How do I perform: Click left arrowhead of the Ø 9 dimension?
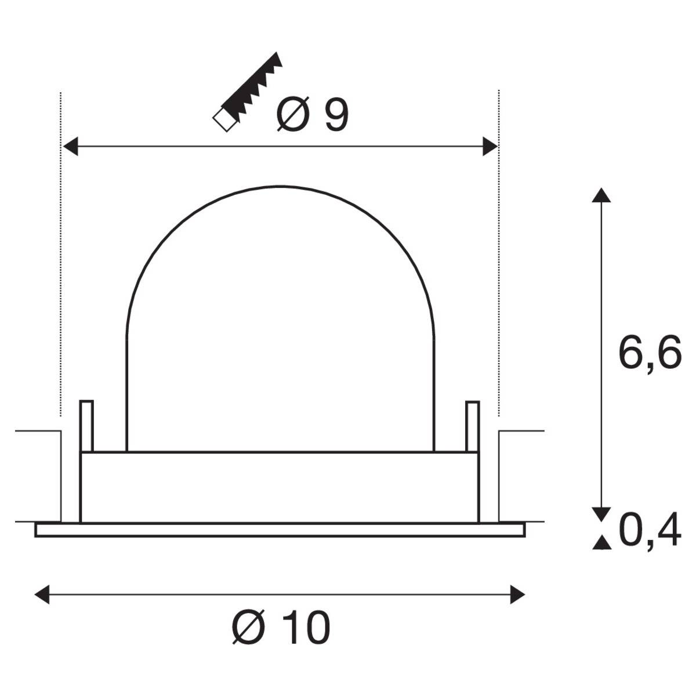coord(70,147)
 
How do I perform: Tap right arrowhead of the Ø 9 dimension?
coord(490,147)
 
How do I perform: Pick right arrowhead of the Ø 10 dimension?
coord(517,594)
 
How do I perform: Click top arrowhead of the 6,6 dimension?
coord(601,195)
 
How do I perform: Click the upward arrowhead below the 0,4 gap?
coord(601,543)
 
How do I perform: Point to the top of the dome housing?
coord(280,187)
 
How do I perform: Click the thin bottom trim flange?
coord(280,530)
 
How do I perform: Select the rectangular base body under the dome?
coord(280,487)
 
